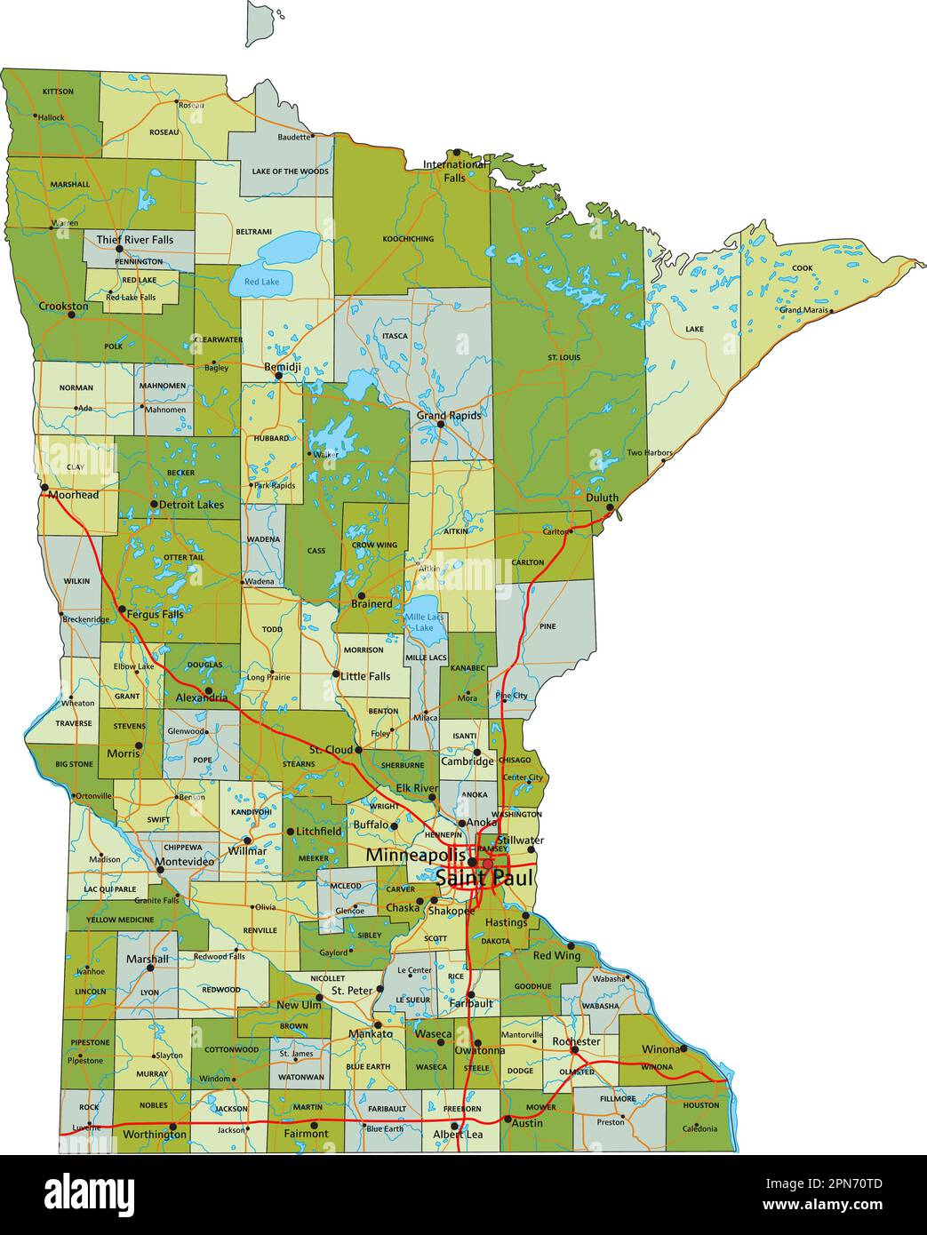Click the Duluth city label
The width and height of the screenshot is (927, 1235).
coord(602,498)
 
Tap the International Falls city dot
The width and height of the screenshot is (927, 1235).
coord(457,153)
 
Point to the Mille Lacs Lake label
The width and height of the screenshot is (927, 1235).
coord(425,622)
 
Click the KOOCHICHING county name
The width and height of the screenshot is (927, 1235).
coord(408,239)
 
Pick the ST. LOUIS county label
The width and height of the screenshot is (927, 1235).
coord(563,357)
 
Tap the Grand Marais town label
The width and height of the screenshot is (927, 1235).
coord(803,310)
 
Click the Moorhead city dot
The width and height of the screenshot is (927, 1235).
coord(44,487)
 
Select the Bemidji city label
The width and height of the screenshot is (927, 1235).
coord(283,367)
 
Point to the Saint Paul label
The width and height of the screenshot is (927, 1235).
coord(484,878)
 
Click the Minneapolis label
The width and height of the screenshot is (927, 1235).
coord(416,856)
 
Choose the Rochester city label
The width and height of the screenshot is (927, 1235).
coord(576,1041)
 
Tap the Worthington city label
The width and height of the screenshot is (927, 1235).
coord(155,1135)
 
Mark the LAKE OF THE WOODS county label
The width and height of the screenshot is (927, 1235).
coord(290,171)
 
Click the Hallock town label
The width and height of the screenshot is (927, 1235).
coord(51,117)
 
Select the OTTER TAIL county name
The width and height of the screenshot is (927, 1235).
coord(183,557)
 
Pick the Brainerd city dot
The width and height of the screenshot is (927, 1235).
coord(361,595)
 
